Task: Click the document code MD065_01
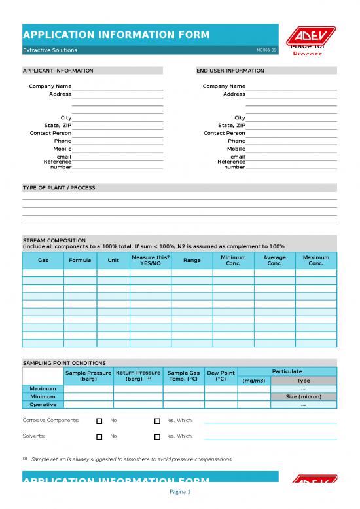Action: click(x=266, y=50)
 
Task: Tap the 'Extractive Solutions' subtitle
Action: click(x=50, y=50)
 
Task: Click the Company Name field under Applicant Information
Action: click(x=117, y=86)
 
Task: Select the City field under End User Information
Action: click(x=291, y=118)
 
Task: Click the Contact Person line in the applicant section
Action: click(x=117, y=134)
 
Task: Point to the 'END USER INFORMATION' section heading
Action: click(x=230, y=71)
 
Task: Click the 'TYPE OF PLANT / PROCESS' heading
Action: click(x=59, y=188)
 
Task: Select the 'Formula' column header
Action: click(x=80, y=261)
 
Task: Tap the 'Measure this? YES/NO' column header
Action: click(x=151, y=261)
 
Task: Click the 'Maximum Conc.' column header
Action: click(x=315, y=261)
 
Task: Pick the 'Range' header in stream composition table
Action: click(x=192, y=261)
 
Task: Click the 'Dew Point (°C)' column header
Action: click(x=221, y=375)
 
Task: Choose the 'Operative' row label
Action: click(x=43, y=405)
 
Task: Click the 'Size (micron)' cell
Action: click(x=303, y=397)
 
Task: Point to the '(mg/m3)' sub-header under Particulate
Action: click(x=253, y=381)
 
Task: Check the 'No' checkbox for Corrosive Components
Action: click(x=99, y=421)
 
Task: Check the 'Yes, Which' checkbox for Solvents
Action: click(x=157, y=436)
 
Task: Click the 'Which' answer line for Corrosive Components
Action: click(x=270, y=422)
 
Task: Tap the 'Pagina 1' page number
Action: click(x=180, y=492)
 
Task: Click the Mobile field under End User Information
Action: click(x=291, y=149)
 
